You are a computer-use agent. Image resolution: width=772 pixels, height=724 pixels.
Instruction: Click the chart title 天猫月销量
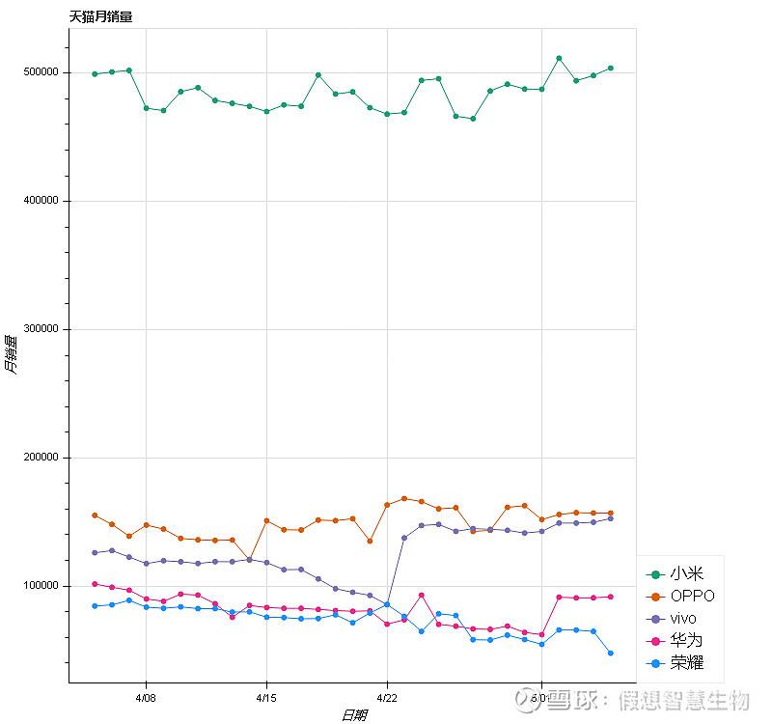[x=101, y=16]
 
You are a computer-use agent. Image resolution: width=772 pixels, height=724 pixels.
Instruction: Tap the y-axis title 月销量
[x=11, y=354]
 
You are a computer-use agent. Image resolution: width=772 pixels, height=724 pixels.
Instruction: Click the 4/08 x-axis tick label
[x=146, y=695]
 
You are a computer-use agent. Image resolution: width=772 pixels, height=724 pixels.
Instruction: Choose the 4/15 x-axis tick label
[x=266, y=695]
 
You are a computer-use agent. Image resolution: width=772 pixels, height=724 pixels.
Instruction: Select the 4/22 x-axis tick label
[x=387, y=695]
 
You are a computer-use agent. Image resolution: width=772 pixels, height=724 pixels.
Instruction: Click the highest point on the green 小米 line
[x=559, y=58]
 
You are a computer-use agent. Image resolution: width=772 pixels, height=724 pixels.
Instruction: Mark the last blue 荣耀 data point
[x=611, y=654]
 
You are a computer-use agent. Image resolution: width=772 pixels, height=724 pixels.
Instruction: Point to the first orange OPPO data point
[x=95, y=515]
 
